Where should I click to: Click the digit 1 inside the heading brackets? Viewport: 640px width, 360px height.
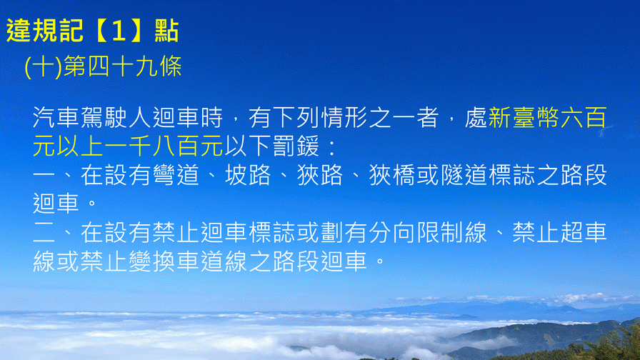coord(119,31)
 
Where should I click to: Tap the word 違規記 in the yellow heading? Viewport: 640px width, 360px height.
coord(45,31)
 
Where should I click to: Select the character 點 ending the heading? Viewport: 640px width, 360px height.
coord(166,31)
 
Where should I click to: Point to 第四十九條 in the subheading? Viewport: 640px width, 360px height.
coord(122,66)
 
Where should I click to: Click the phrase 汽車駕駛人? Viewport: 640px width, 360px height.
coord(92,118)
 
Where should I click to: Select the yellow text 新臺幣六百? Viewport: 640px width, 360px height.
coord(547,118)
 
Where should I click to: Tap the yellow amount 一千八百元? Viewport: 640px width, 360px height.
coord(164,146)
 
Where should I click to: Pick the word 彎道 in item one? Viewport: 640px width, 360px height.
coord(176,175)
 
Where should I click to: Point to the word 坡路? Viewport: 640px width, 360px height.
coord(248,175)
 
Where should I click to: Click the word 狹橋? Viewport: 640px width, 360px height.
coord(392,175)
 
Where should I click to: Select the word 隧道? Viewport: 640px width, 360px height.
coord(464,175)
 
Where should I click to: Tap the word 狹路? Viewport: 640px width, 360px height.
coord(320,175)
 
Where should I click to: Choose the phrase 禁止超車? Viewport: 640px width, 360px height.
coord(559,233)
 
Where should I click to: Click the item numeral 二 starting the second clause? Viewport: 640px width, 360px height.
coord(44,233)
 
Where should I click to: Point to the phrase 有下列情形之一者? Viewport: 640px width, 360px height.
coord(344,118)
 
